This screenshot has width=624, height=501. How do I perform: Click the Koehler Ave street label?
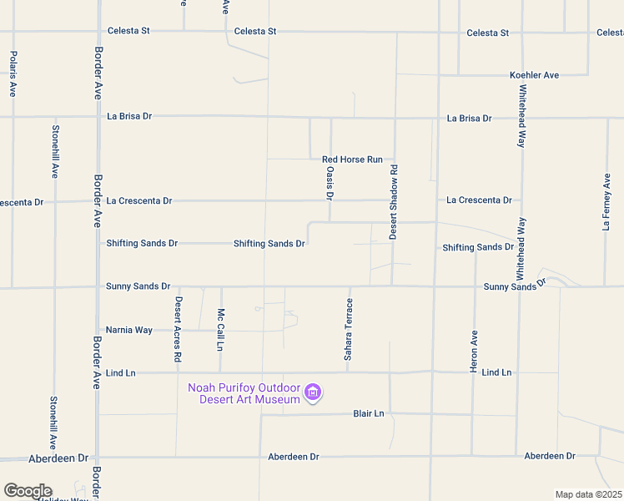click(x=534, y=75)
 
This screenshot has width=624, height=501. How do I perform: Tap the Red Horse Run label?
click(x=352, y=159)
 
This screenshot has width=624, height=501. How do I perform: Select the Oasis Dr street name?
click(x=330, y=183)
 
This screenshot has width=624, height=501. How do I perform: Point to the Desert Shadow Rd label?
click(x=394, y=202)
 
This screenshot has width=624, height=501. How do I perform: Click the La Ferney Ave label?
click(x=606, y=201)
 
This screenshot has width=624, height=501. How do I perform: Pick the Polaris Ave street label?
click(x=13, y=73)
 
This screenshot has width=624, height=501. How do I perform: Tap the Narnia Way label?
click(x=129, y=331)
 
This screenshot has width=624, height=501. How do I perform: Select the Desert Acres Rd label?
click(x=178, y=329)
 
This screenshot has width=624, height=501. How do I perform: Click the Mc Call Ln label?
click(x=221, y=329)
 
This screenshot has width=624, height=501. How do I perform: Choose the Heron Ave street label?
click(x=474, y=351)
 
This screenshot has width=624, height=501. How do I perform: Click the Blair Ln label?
click(x=368, y=413)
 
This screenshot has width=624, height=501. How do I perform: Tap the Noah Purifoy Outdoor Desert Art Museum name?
click(x=244, y=393)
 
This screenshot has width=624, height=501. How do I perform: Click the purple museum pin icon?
click(x=313, y=392)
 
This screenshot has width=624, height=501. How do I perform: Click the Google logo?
click(x=28, y=491)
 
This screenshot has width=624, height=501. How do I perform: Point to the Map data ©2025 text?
click(x=589, y=494)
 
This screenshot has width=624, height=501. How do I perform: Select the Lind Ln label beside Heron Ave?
click(x=496, y=372)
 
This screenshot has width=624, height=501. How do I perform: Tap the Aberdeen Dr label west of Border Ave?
click(x=58, y=458)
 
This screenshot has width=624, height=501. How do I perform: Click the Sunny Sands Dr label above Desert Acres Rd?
click(x=138, y=286)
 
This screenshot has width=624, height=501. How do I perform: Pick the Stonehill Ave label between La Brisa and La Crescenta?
click(x=55, y=152)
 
